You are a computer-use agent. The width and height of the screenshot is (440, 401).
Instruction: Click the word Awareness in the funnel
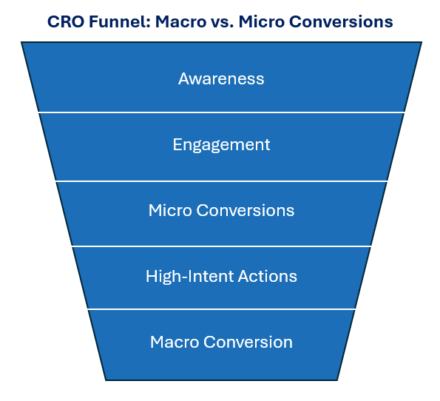221,78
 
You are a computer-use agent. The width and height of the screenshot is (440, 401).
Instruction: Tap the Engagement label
221,144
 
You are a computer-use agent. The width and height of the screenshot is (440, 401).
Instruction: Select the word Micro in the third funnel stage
169,210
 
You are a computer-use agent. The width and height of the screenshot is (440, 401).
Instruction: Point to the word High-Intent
189,277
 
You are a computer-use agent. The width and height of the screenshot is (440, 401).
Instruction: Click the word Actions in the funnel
267,277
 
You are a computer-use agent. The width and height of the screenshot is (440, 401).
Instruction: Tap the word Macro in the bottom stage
175,343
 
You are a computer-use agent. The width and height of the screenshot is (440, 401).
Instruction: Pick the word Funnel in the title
115,22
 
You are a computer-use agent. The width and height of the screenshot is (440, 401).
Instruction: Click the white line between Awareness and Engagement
221,112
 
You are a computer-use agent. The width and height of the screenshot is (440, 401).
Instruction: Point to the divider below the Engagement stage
221,181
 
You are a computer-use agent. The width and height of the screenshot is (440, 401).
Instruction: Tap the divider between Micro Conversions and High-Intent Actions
221,246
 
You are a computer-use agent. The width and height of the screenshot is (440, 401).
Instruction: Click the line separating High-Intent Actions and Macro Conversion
221,309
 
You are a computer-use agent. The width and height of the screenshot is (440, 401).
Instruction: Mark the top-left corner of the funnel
22,43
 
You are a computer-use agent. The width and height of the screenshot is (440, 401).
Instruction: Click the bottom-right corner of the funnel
337,380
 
